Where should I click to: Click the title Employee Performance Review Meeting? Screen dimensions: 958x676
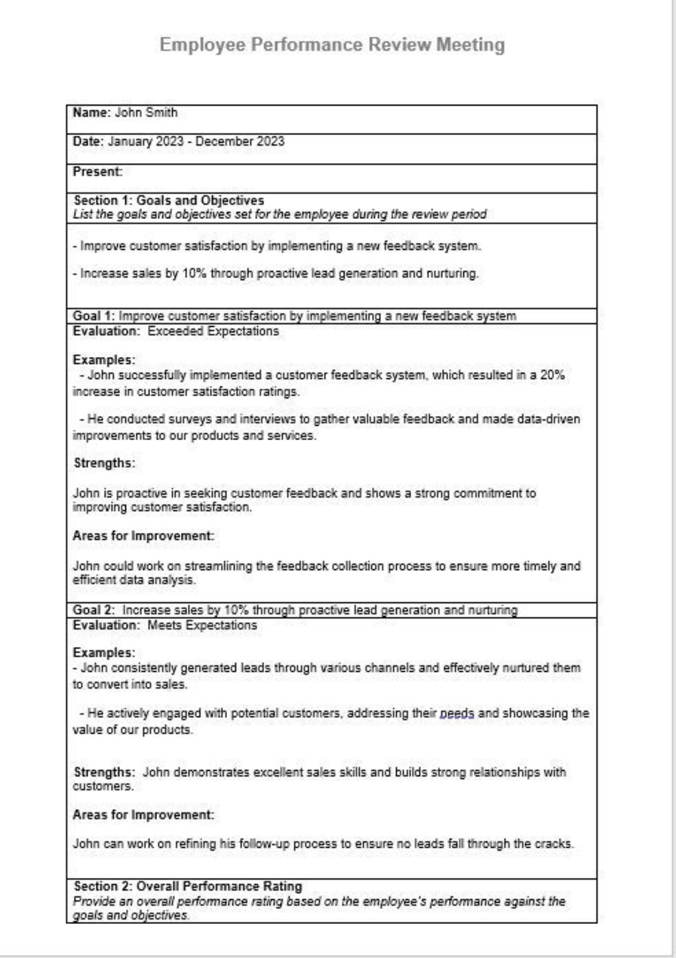point(332,44)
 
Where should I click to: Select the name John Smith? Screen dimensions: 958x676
point(146,113)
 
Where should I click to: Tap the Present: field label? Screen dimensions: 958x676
point(98,172)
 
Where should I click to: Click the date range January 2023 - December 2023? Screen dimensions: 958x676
point(196,142)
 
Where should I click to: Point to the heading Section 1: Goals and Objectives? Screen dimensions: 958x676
point(168,200)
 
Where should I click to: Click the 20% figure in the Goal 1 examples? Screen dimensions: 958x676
point(552,375)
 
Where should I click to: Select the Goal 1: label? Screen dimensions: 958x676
point(93,316)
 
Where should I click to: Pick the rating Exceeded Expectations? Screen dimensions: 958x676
point(213,331)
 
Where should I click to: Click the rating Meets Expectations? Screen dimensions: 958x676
point(202,626)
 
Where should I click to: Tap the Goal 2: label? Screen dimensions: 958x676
point(93,610)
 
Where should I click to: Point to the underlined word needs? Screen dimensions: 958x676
point(457,714)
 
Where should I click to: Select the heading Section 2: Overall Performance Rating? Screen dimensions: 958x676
point(188,887)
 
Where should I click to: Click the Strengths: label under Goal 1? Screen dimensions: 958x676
point(104,463)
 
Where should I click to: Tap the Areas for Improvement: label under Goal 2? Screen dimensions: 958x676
point(143,815)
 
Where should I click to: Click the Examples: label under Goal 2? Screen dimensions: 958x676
point(103,653)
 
